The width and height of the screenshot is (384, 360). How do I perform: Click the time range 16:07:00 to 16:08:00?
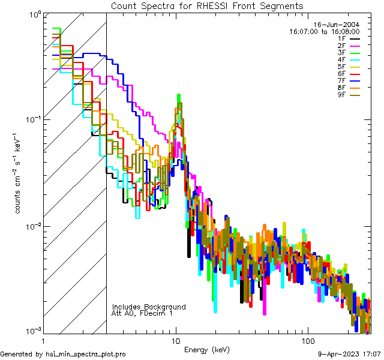click(x=325, y=31)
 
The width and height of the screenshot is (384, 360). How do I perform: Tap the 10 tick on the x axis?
click(x=176, y=340)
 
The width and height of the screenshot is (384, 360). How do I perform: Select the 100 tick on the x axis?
click(x=307, y=340)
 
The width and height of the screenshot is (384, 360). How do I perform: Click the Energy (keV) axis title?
click(x=207, y=349)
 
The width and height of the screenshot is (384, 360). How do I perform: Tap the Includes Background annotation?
click(x=149, y=307)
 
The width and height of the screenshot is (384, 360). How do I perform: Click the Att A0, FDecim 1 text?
click(x=142, y=313)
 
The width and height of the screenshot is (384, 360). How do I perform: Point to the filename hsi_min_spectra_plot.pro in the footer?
click(x=86, y=355)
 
